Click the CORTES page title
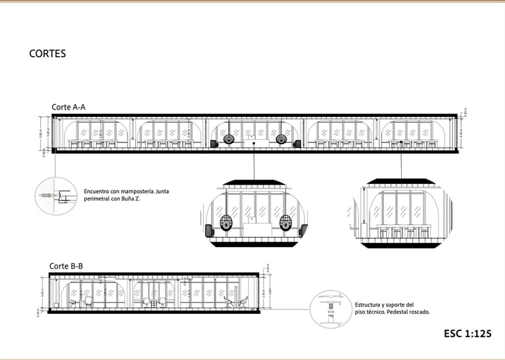pyautogui.click(x=47, y=54)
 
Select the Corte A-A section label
pyautogui.click(x=68, y=107)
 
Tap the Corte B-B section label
pyautogui.click(x=66, y=266)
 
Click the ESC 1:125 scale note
pyautogui.click(x=468, y=334)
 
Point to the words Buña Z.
pyautogui.click(x=132, y=198)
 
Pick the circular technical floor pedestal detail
pyautogui.click(x=329, y=308)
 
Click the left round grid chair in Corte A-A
pyautogui.click(x=228, y=139)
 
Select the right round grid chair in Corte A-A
pyautogui.click(x=281, y=139)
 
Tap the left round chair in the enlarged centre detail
pyautogui.click(x=226, y=223)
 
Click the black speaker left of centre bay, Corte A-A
pyautogui.click(x=214, y=143)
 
